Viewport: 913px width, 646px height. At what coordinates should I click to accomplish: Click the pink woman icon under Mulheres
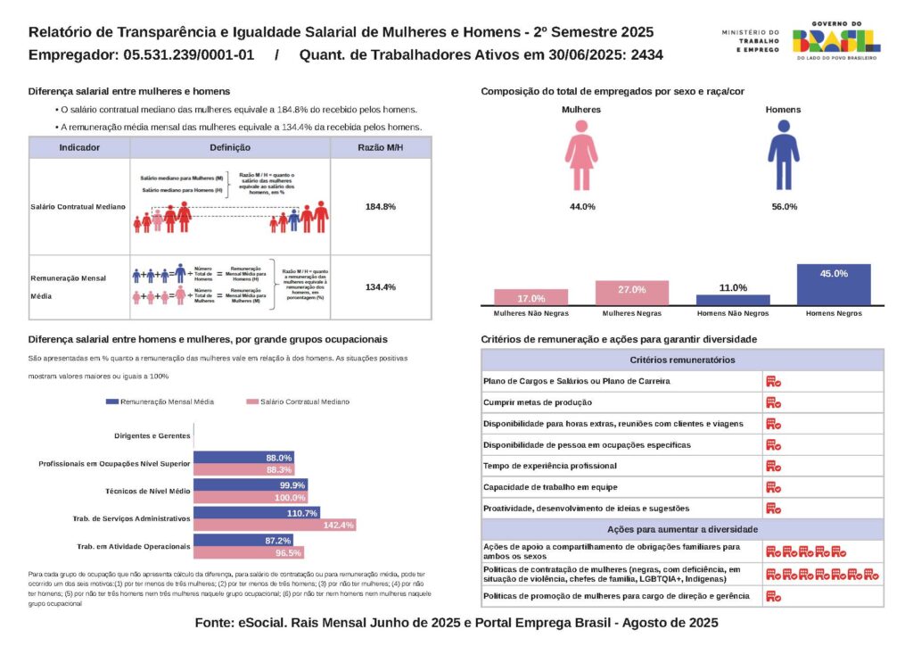click(x=581, y=156)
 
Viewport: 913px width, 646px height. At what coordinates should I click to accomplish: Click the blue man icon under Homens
click(x=783, y=156)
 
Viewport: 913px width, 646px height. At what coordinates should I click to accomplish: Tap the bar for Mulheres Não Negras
click(x=531, y=298)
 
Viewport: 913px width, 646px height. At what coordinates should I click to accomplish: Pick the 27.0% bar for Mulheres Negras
click(x=631, y=294)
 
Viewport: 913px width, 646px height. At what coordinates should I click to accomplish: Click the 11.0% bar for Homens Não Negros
click(x=733, y=301)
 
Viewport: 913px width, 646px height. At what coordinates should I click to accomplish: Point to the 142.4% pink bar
click(x=275, y=525)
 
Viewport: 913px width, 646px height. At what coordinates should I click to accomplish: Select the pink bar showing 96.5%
click(x=249, y=552)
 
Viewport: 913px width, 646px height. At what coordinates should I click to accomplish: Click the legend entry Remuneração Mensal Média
click(x=160, y=402)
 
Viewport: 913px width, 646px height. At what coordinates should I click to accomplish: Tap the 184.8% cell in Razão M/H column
click(x=381, y=206)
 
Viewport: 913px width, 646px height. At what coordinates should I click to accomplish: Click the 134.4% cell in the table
click(x=381, y=287)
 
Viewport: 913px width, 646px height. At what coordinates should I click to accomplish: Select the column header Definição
click(x=230, y=147)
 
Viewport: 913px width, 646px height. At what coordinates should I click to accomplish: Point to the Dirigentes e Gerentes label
click(x=152, y=436)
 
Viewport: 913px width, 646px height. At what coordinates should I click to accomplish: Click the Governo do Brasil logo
click(x=835, y=40)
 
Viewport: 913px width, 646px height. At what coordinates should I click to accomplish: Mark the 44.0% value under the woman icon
click(x=582, y=207)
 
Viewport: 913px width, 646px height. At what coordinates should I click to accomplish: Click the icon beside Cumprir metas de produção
click(x=773, y=402)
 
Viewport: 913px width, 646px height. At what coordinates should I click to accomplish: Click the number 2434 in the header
click(x=646, y=54)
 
